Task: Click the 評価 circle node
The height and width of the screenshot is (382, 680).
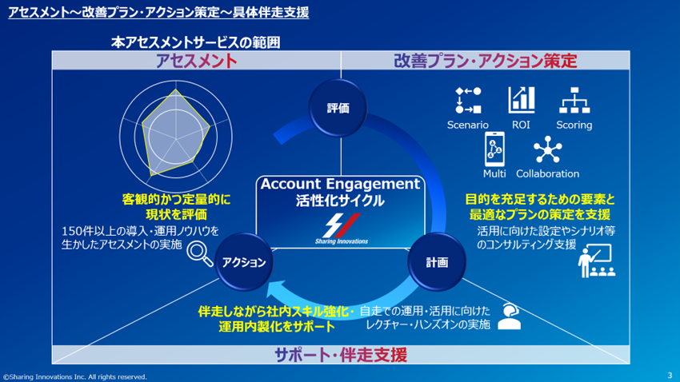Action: [x=338, y=109]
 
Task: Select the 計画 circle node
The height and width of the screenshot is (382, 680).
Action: [x=437, y=262]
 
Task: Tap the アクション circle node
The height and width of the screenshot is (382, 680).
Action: [x=244, y=262]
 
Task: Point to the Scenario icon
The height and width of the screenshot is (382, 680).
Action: [x=468, y=101]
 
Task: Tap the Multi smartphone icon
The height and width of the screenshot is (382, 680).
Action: [x=494, y=149]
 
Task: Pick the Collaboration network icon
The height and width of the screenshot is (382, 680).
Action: [x=548, y=150]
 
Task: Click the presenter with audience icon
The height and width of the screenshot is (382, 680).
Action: [x=595, y=261]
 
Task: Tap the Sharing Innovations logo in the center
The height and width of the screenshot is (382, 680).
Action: [x=338, y=228]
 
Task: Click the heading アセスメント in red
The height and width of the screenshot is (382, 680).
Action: [x=196, y=61]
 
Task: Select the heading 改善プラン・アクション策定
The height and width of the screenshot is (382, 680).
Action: [x=486, y=61]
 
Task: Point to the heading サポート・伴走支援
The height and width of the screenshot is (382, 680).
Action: [x=341, y=355]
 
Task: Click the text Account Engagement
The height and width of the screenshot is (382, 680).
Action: [x=340, y=184]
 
